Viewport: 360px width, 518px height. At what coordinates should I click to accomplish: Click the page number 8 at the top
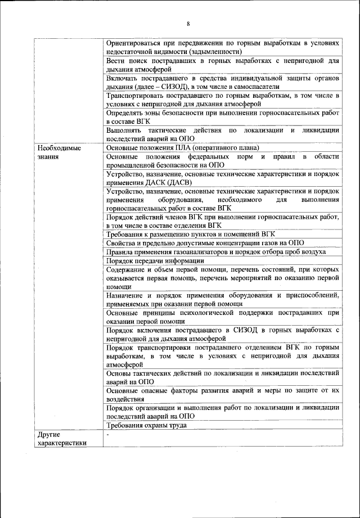[188, 24]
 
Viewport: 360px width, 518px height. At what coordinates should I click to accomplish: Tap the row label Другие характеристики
[62, 439]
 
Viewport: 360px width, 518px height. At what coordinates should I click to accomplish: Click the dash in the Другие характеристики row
[107, 435]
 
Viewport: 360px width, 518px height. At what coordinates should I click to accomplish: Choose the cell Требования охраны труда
[146, 425]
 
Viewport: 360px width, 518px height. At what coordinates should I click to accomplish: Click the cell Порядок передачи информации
[155, 260]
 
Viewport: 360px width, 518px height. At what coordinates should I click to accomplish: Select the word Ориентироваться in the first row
[133, 43]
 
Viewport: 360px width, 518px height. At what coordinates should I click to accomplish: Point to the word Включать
[121, 78]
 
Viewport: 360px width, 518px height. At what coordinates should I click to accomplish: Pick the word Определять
[125, 113]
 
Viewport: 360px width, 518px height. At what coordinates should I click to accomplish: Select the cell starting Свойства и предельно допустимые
[205, 243]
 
